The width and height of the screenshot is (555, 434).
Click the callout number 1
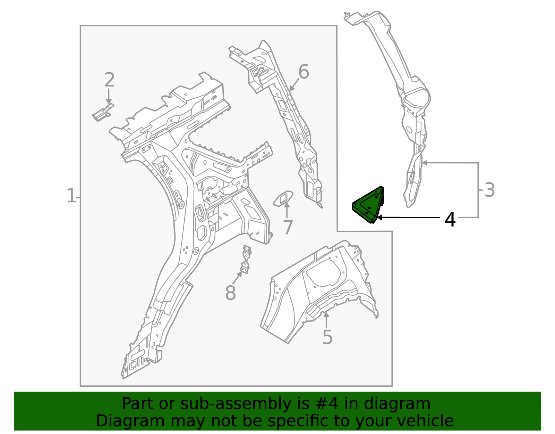71,196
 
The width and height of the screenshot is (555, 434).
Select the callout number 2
109,80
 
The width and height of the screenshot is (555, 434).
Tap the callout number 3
489,190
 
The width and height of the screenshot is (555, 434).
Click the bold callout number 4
450,220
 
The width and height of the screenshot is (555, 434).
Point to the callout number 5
327,337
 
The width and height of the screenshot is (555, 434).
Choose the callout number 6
304,72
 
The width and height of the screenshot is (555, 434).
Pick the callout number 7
288,228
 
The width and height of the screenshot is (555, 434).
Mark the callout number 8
230,293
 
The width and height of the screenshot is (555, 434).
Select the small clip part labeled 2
103,113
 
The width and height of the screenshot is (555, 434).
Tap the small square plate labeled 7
283,198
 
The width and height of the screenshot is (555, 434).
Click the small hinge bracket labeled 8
246,260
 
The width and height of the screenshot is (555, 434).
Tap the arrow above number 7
287,210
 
